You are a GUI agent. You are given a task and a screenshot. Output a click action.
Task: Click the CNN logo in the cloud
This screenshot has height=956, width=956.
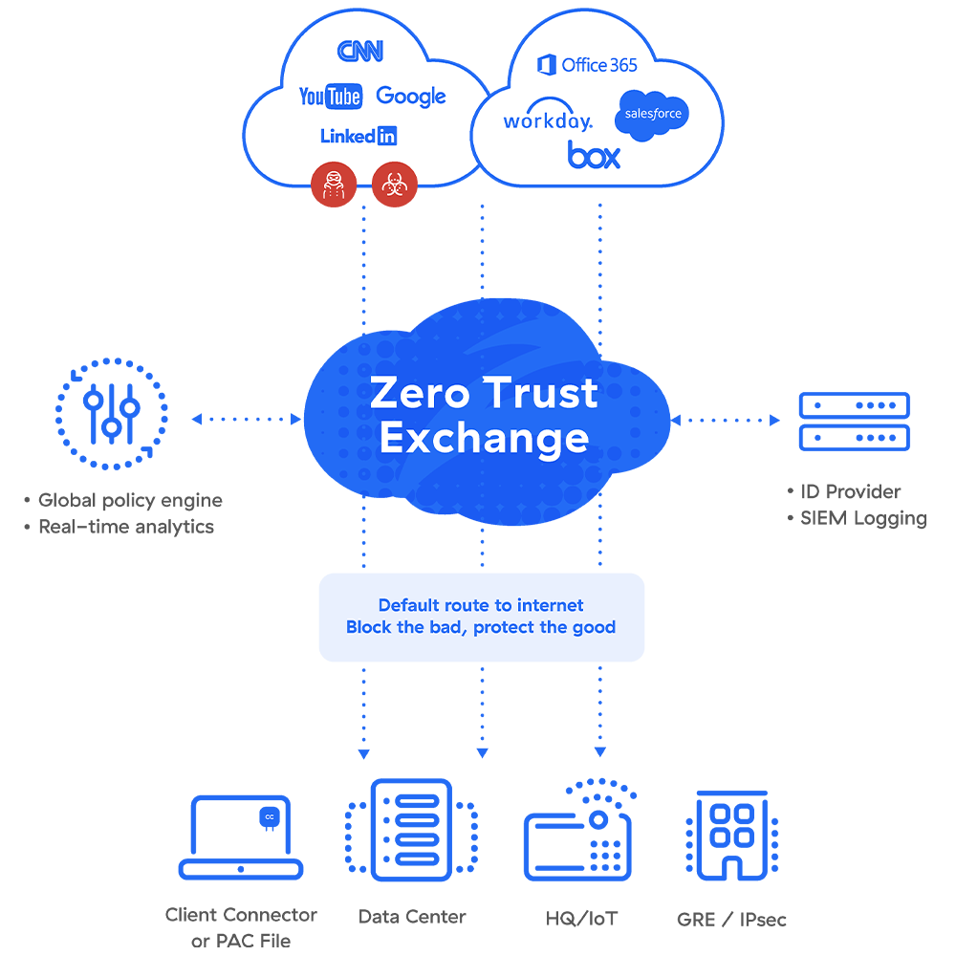(x=360, y=51)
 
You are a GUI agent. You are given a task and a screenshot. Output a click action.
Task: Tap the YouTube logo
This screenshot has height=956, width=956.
(x=330, y=96)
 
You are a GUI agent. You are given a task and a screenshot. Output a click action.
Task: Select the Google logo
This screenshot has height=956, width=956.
(x=411, y=96)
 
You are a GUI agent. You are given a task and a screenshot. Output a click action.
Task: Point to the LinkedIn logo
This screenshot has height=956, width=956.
(x=358, y=136)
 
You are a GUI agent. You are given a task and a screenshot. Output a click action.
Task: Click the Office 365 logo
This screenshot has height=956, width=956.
(x=587, y=65)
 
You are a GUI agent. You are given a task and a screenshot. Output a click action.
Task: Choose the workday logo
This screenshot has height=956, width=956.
(x=548, y=121)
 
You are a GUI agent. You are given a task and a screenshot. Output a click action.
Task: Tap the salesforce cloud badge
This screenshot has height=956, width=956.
(x=653, y=114)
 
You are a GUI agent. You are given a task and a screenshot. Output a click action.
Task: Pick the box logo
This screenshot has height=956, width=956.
(x=594, y=154)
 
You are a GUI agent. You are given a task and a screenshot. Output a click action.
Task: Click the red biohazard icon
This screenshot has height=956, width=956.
(x=392, y=184)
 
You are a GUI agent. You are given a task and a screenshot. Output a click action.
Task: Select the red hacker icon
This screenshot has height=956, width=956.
(x=334, y=184)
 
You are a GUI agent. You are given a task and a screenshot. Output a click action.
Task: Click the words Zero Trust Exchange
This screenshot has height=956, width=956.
(x=484, y=415)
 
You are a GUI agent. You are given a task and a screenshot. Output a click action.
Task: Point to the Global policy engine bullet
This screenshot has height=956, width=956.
(x=129, y=500)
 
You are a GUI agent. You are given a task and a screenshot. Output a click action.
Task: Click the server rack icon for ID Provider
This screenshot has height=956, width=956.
(x=854, y=421)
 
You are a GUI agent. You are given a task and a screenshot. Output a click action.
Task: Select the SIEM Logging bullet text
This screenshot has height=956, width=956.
(x=862, y=518)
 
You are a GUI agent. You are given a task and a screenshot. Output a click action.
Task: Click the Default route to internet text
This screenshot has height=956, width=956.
(x=481, y=605)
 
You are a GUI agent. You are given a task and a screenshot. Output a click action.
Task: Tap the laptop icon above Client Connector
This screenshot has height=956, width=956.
(x=241, y=837)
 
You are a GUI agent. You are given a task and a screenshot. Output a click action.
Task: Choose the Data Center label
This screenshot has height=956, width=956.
(x=412, y=916)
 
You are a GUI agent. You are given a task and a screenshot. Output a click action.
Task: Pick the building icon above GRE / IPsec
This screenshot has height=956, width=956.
(x=732, y=835)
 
